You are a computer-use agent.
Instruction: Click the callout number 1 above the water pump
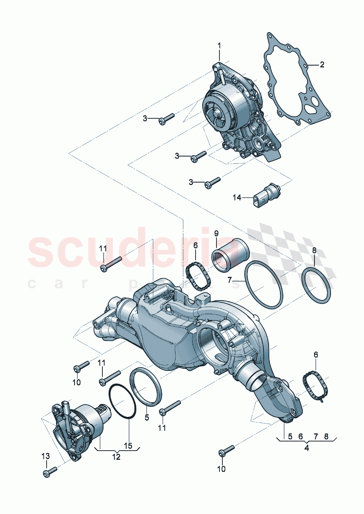(219, 46)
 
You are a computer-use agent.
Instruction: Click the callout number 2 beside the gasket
(322, 65)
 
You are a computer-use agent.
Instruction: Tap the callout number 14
(237, 197)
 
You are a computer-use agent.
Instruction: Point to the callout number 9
(216, 233)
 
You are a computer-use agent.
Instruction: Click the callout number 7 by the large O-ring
(230, 280)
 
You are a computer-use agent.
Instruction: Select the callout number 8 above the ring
(314, 251)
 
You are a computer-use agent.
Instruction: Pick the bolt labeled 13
(50, 471)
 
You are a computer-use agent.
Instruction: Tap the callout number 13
(45, 456)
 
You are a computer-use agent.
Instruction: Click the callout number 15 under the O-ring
(128, 446)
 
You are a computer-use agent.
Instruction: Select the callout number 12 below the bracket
(116, 457)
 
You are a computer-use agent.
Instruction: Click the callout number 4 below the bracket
(306, 448)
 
